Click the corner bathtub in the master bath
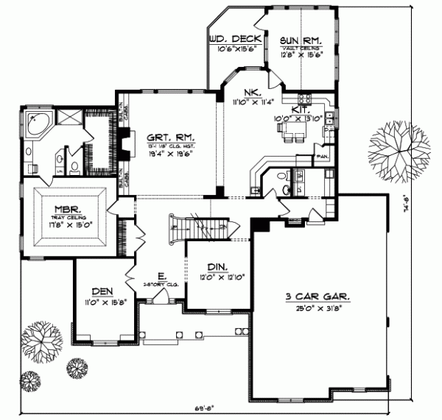[x=36, y=125]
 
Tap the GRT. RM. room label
[x=161, y=136]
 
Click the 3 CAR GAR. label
[x=318, y=297]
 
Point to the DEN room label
[x=101, y=291]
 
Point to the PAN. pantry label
[x=321, y=157]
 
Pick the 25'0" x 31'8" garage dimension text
[x=318, y=308]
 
